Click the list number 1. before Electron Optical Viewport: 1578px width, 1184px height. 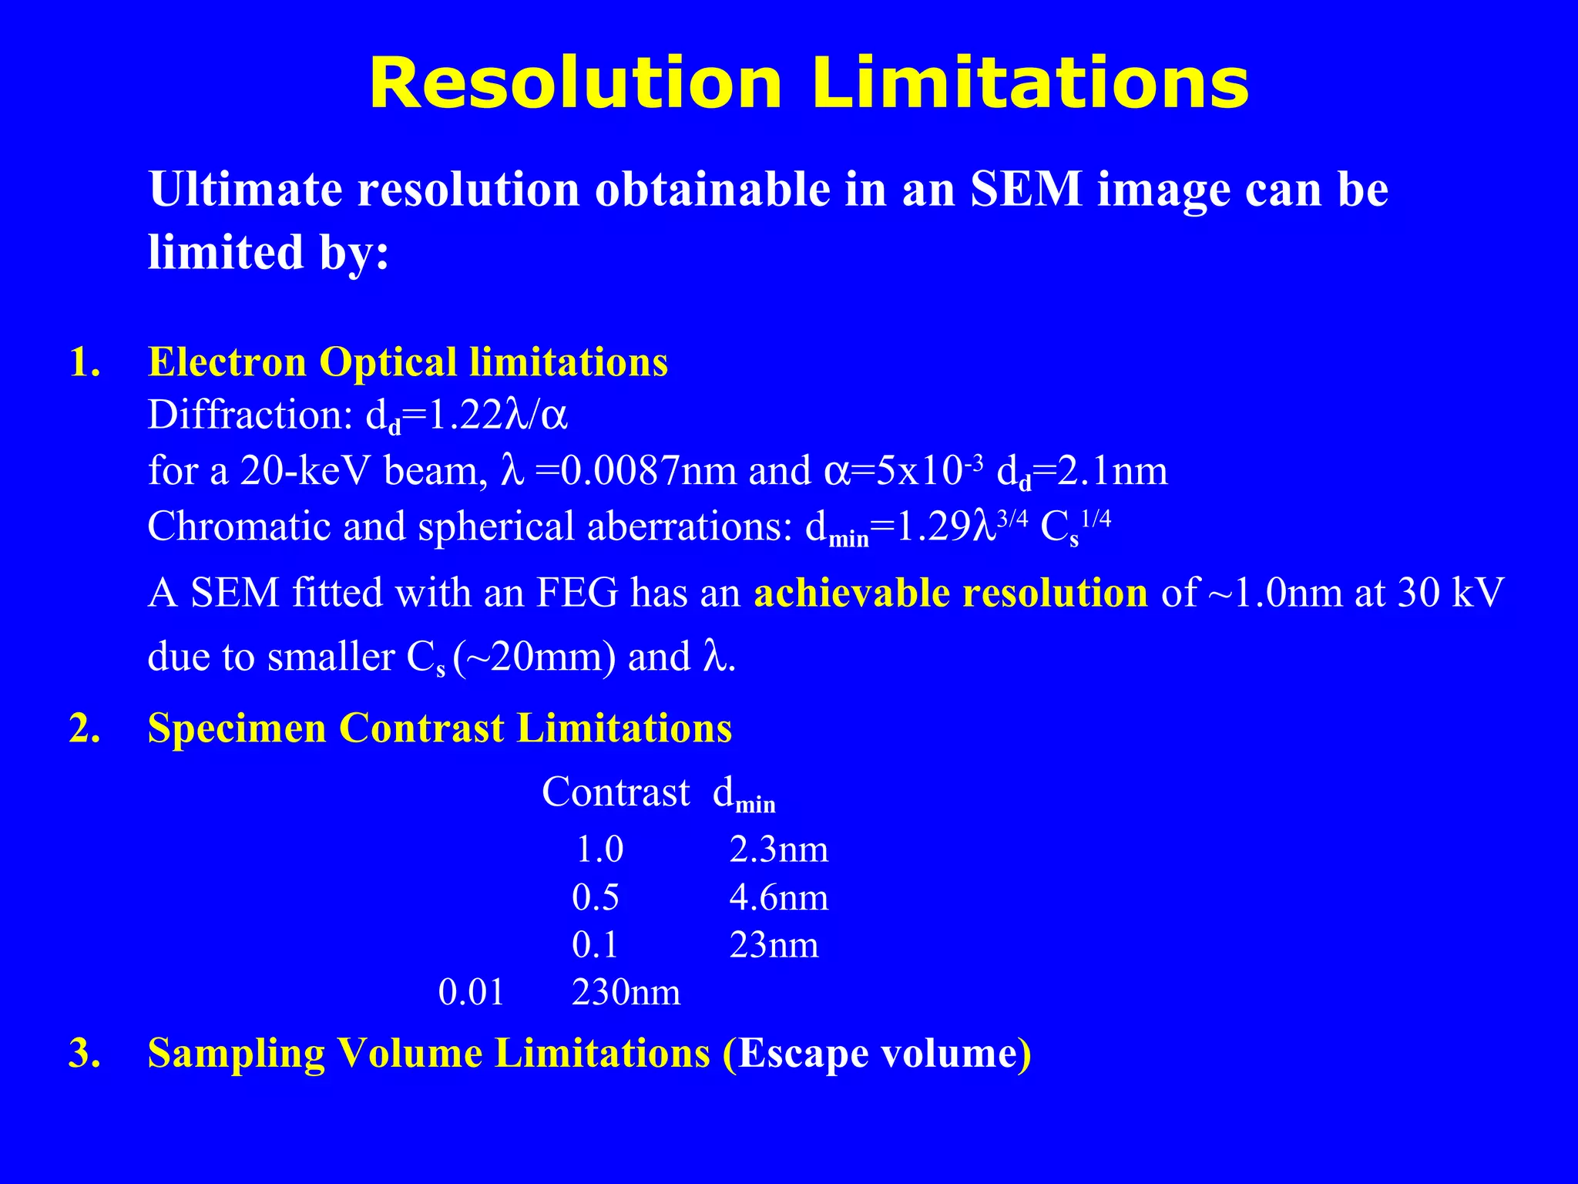click(85, 362)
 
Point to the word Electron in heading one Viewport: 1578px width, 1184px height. click(227, 362)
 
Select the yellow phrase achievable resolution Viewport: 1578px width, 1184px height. click(950, 593)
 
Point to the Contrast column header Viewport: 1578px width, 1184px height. click(616, 792)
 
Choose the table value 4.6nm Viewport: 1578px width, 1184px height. click(778, 898)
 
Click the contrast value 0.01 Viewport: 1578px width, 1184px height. click(471, 993)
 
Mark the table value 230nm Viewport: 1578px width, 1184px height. click(626, 993)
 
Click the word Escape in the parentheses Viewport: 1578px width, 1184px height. click(802, 1054)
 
